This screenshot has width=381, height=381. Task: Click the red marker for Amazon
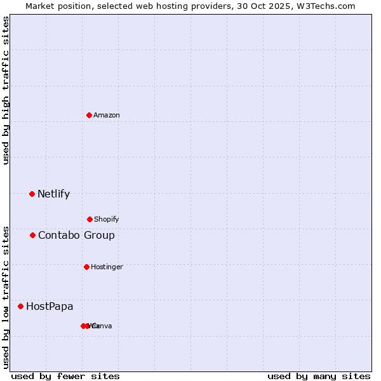[89, 115]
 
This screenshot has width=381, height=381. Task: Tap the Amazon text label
[107, 115]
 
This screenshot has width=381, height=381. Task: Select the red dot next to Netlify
[32, 194]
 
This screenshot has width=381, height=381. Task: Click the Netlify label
[53, 194]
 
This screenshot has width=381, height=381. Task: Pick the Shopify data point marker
[90, 219]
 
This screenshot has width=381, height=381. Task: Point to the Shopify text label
[107, 219]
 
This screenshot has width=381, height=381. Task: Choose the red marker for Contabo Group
[32, 235]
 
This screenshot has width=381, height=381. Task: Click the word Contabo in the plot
[56, 236]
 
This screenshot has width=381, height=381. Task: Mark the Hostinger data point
[86, 267]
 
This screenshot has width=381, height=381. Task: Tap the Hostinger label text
[107, 267]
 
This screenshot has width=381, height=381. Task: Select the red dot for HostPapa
[20, 306]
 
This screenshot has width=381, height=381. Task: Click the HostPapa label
[50, 307]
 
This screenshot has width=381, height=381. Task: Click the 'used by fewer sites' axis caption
[65, 376]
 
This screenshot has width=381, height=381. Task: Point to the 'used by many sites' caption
[319, 376]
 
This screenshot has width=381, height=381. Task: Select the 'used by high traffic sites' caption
[6, 90]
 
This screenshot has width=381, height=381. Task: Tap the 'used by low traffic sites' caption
[6, 297]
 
